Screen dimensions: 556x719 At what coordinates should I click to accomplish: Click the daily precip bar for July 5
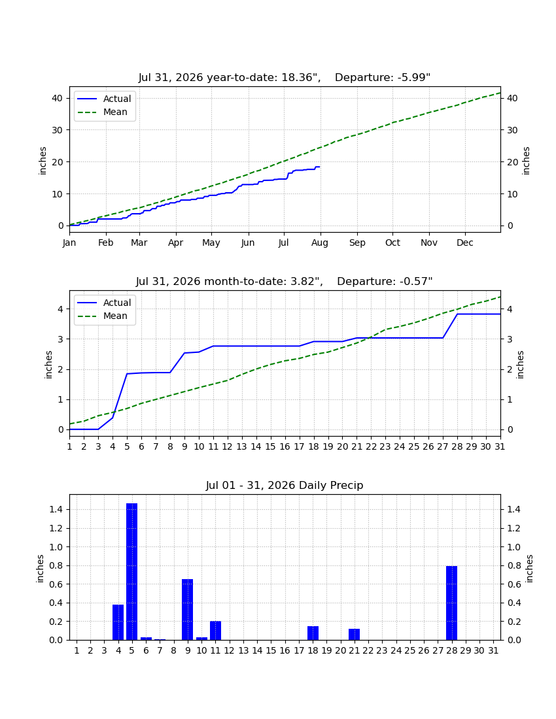131,571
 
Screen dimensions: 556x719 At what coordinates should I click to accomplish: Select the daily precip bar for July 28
451,603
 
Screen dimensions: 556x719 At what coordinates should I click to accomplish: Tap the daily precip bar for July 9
187,609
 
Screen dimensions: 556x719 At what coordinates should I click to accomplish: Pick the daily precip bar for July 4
118,622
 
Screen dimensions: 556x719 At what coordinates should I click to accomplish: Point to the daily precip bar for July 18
313,633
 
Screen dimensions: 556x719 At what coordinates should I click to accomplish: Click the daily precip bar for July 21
354,635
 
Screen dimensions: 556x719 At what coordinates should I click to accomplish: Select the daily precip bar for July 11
216,631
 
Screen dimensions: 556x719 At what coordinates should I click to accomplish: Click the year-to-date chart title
285,78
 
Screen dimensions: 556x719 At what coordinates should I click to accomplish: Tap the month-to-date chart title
284,281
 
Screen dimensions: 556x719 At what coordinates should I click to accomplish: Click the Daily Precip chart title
285,485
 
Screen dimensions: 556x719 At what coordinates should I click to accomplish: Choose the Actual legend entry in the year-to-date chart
104,99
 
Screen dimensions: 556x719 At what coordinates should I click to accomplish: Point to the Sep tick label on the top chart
357,242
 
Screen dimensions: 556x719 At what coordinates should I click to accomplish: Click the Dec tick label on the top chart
464,242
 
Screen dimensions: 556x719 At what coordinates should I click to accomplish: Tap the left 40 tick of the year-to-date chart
58,98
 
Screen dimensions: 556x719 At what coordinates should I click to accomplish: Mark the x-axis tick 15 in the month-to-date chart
270,446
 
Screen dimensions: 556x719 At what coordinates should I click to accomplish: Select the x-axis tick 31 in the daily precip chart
493,650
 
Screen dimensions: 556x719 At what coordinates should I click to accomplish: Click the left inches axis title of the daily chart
40,569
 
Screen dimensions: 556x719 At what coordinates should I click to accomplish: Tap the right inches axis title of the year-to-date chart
526,161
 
